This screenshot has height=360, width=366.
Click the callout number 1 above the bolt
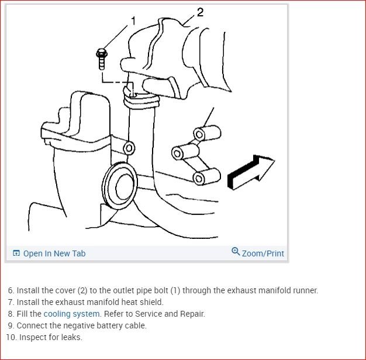pos(133,21)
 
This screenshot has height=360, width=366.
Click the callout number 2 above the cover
pos(201,12)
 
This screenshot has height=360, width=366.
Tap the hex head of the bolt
pos(102,53)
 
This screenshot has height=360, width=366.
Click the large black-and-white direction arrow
pos(251,172)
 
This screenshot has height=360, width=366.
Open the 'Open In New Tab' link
pos(49,253)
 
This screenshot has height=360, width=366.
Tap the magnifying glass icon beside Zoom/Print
pos(236,252)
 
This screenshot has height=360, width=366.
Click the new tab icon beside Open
pos(16,253)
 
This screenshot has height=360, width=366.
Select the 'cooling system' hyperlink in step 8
pos(72,314)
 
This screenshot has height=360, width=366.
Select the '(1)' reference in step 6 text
pos(175,290)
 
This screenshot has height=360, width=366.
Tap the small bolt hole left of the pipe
pos(129,148)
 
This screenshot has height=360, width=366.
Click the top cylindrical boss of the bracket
pos(207,133)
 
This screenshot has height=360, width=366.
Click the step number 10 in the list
pos(11,337)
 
